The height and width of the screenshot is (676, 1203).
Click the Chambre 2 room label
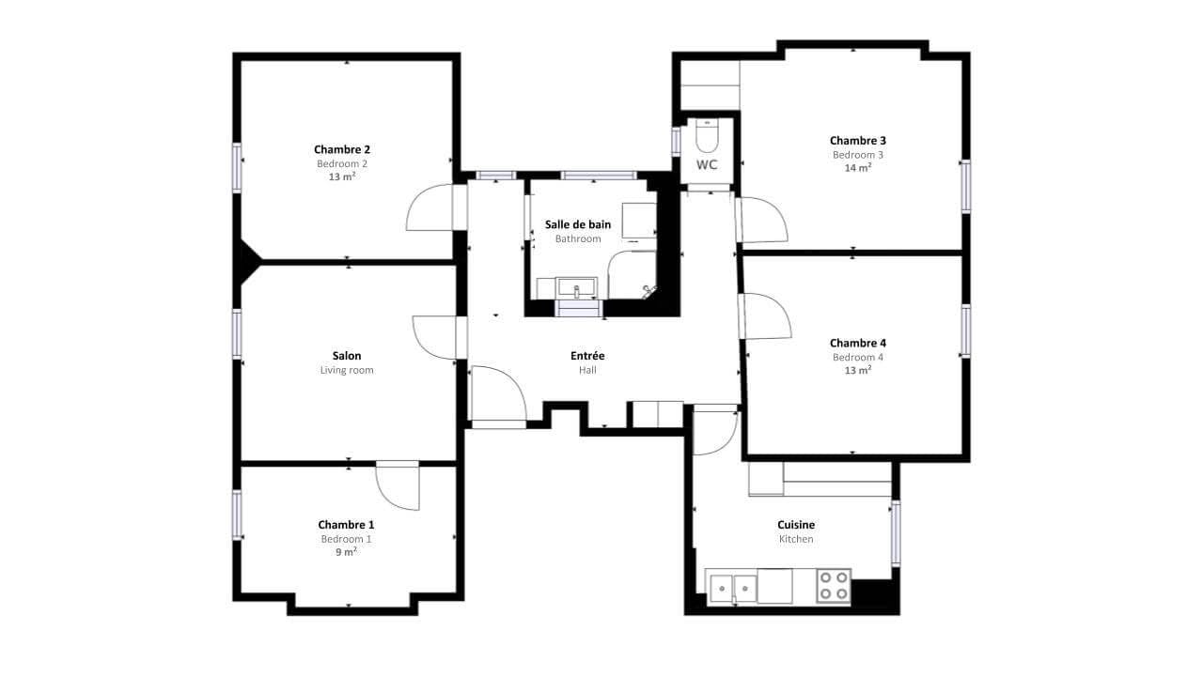[342, 149]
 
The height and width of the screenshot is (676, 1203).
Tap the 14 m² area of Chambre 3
[858, 168]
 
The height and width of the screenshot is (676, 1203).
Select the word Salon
[347, 356]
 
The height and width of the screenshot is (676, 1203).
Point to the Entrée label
[587, 356]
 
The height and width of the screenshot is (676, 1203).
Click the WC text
[707, 165]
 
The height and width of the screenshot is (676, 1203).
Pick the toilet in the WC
[707, 136]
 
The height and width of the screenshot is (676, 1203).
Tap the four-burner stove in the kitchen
[834, 586]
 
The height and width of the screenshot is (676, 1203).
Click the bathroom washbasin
[577, 287]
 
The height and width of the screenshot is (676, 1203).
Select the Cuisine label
[796, 525]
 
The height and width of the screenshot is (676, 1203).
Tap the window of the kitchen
[896, 532]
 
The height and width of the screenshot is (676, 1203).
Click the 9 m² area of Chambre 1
[347, 552]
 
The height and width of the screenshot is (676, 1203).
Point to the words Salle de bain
[578, 224]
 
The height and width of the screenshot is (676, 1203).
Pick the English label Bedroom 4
[858, 358]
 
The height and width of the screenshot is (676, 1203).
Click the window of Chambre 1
[237, 515]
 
